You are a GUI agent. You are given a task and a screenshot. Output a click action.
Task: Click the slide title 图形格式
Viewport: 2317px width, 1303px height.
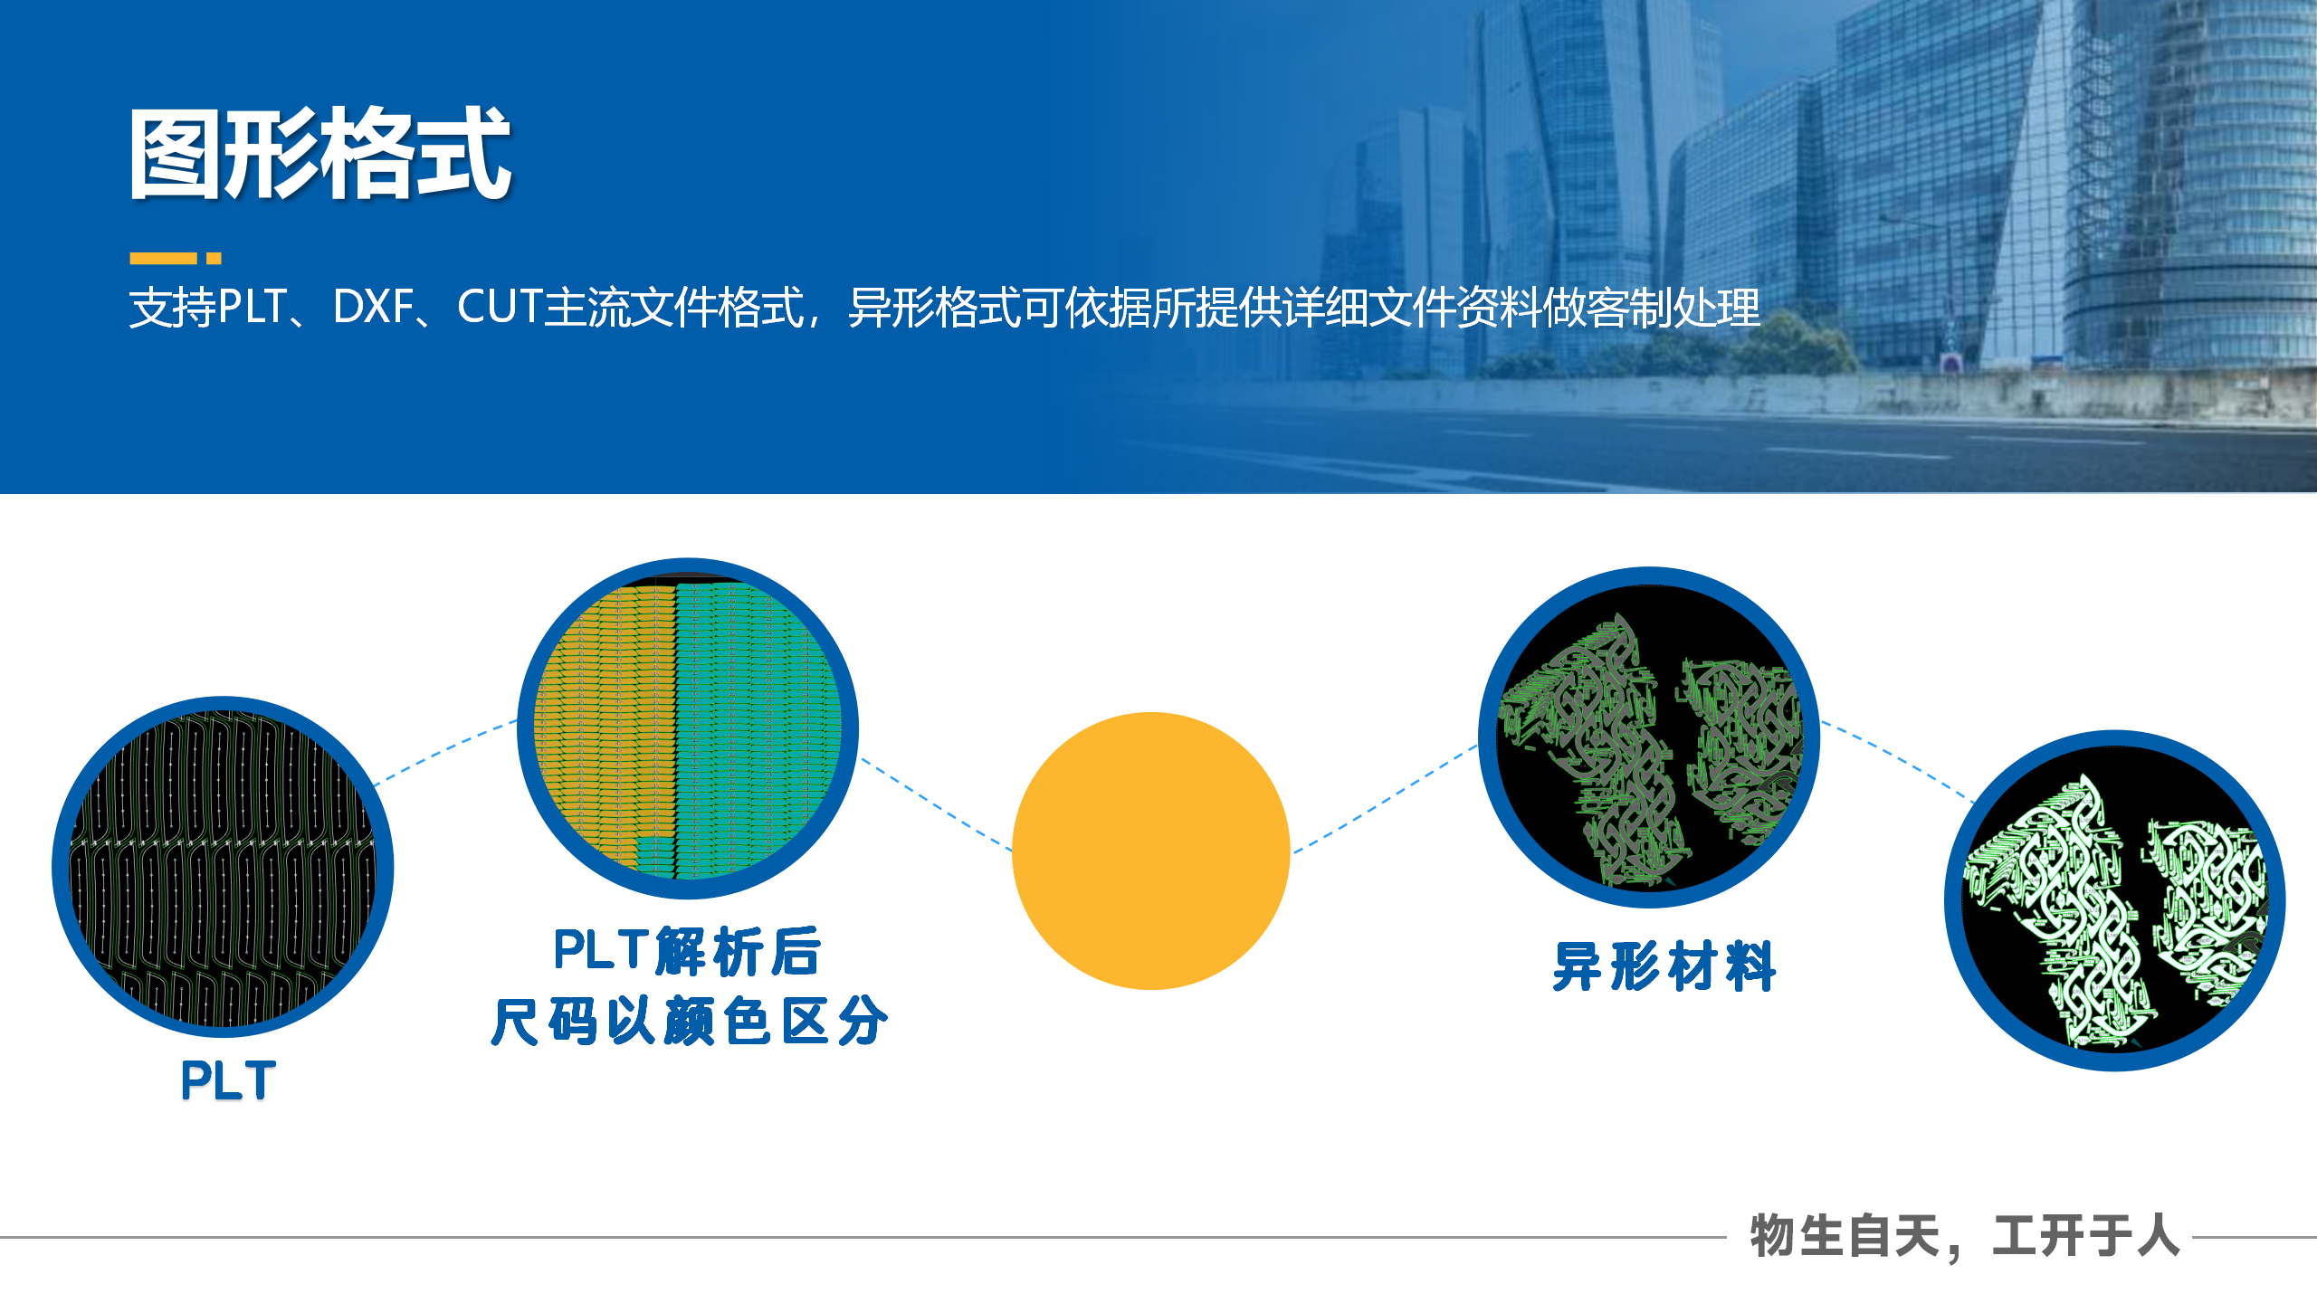[x=320, y=154]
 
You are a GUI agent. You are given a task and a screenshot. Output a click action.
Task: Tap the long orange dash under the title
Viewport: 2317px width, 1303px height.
[x=163, y=259]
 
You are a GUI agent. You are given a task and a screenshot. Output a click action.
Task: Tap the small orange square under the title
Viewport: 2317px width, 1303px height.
[x=214, y=259]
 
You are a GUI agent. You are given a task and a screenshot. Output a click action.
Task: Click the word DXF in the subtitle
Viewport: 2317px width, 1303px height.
[x=373, y=308]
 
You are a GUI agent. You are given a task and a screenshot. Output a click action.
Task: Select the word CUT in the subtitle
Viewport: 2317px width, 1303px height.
[x=499, y=308]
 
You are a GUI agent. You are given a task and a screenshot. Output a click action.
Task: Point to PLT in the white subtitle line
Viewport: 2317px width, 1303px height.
[x=253, y=308]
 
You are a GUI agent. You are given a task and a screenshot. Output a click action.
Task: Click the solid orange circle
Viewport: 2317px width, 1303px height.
[x=1150, y=851]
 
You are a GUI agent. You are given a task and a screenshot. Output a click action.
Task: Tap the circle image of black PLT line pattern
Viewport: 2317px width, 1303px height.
[x=223, y=867]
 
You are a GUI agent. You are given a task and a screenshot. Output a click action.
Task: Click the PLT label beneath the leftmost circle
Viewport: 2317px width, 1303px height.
[x=228, y=1080]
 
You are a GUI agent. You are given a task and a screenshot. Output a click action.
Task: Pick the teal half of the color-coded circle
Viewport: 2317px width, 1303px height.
[x=756, y=724]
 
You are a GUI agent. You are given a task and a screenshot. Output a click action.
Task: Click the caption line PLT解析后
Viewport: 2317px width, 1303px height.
[x=688, y=952]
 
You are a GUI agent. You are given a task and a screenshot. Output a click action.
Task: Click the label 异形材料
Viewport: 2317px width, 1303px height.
[x=1664, y=966]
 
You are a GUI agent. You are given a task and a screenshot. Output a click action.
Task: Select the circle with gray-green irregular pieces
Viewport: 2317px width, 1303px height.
[x=1648, y=737]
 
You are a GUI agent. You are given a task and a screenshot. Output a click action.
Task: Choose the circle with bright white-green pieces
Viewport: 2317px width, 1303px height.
[x=2114, y=900]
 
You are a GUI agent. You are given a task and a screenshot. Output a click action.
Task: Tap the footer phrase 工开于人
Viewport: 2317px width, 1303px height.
[x=2086, y=1236]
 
